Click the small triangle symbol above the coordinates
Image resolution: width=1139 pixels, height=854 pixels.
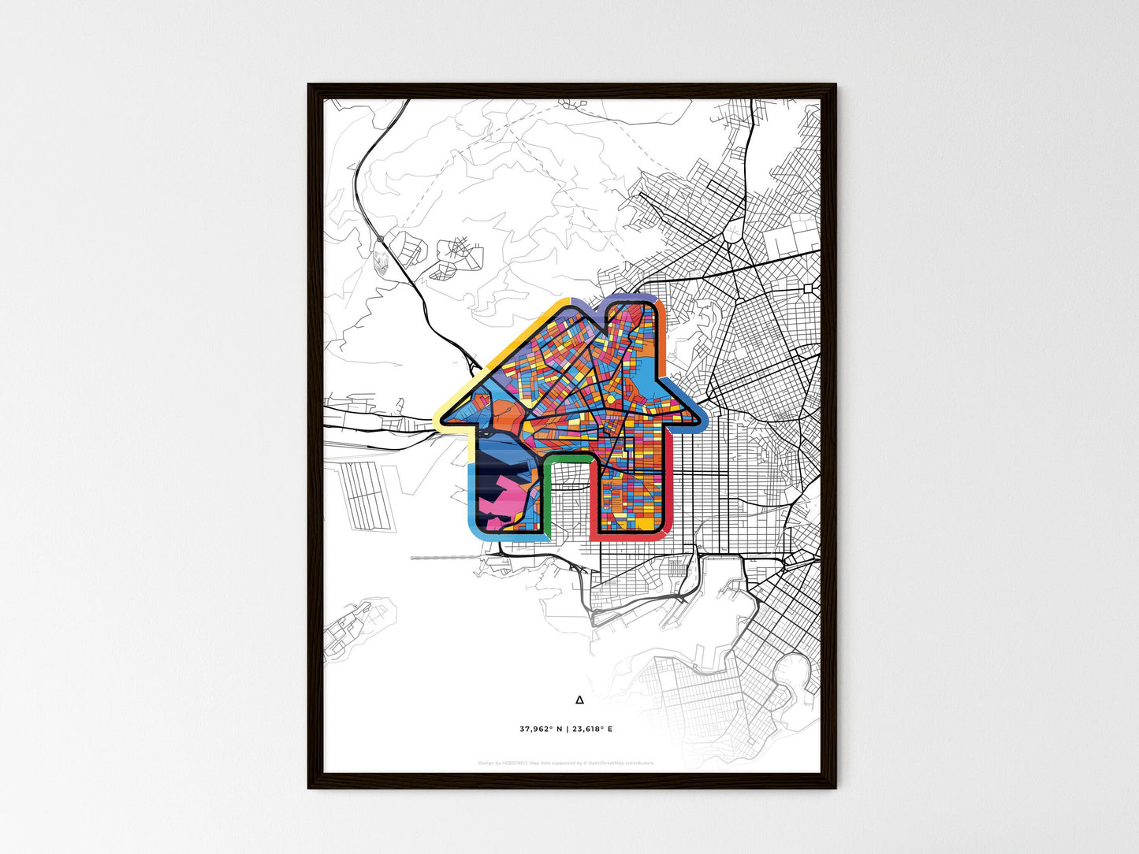pos(579,699)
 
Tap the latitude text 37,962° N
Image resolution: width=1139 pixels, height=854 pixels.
pos(542,730)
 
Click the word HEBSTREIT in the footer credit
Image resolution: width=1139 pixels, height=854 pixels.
pos(512,763)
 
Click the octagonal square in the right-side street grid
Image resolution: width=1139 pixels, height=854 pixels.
pos(809,289)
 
